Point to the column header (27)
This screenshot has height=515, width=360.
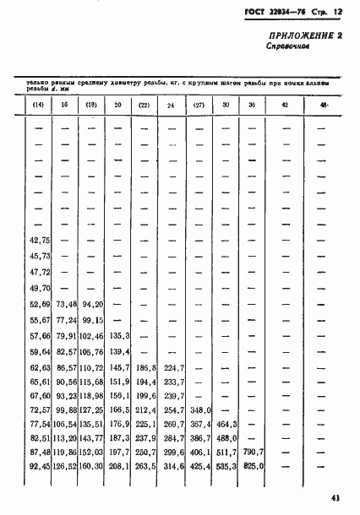click(199, 105)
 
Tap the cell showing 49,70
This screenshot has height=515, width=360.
click(41, 288)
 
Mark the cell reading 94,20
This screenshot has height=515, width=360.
click(93, 304)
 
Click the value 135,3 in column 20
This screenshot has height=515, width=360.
click(120, 336)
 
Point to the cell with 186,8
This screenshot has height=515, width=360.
click(147, 368)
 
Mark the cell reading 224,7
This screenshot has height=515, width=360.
click(173, 368)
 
